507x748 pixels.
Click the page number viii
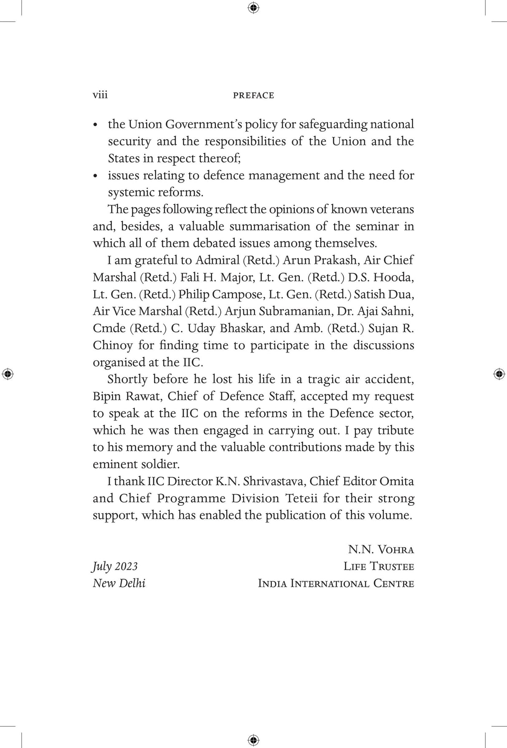click(x=100, y=95)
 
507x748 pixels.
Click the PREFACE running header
click(x=253, y=96)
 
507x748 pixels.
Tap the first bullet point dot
click(x=96, y=125)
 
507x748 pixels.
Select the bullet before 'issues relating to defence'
click(x=96, y=176)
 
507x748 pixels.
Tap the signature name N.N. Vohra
click(x=380, y=549)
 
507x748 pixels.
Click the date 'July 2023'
click(x=115, y=566)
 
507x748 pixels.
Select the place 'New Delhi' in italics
click(x=119, y=583)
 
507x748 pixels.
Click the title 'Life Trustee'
click(x=378, y=566)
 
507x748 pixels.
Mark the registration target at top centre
click(x=253, y=8)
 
